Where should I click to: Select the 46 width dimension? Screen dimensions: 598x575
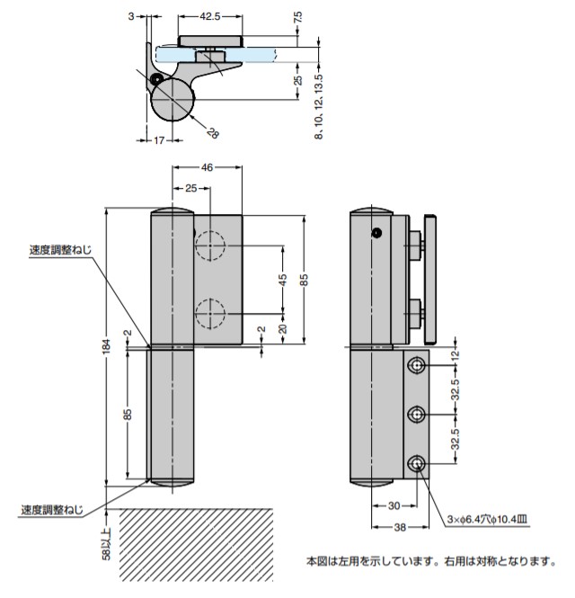point(207,168)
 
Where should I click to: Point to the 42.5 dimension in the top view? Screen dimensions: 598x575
point(210,16)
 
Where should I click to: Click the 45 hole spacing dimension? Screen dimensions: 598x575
point(283,279)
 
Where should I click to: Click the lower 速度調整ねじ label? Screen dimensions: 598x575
point(53,510)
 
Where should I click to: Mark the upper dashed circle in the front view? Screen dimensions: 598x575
point(210,245)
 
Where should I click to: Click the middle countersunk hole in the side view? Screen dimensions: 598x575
point(418,414)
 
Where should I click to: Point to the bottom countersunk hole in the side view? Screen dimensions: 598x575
point(418,463)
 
